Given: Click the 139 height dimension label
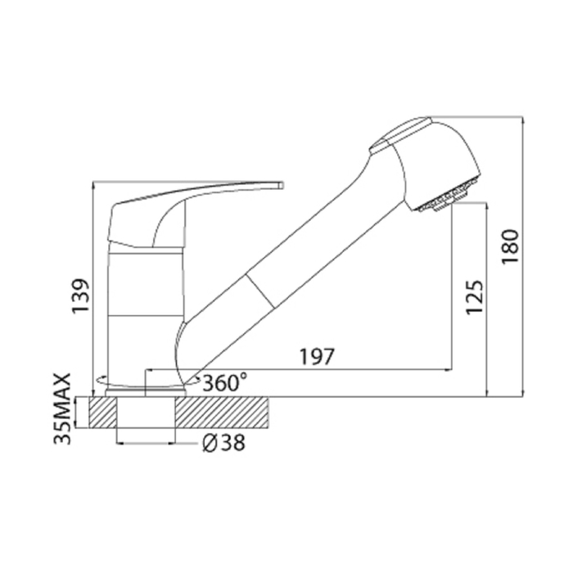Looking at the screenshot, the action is [80, 296].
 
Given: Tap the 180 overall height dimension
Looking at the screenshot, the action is [510, 246].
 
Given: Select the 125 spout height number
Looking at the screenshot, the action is [474, 297].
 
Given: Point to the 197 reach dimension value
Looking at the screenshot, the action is [318, 357].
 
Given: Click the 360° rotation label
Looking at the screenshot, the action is [225, 382].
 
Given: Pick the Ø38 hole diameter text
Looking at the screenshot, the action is [223, 444].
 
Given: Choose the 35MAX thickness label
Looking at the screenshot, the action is [61, 408].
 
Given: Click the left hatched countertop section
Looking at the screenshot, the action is [102, 413].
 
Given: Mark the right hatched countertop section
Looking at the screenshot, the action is [222, 413].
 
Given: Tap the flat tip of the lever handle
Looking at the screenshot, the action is [282, 185].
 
